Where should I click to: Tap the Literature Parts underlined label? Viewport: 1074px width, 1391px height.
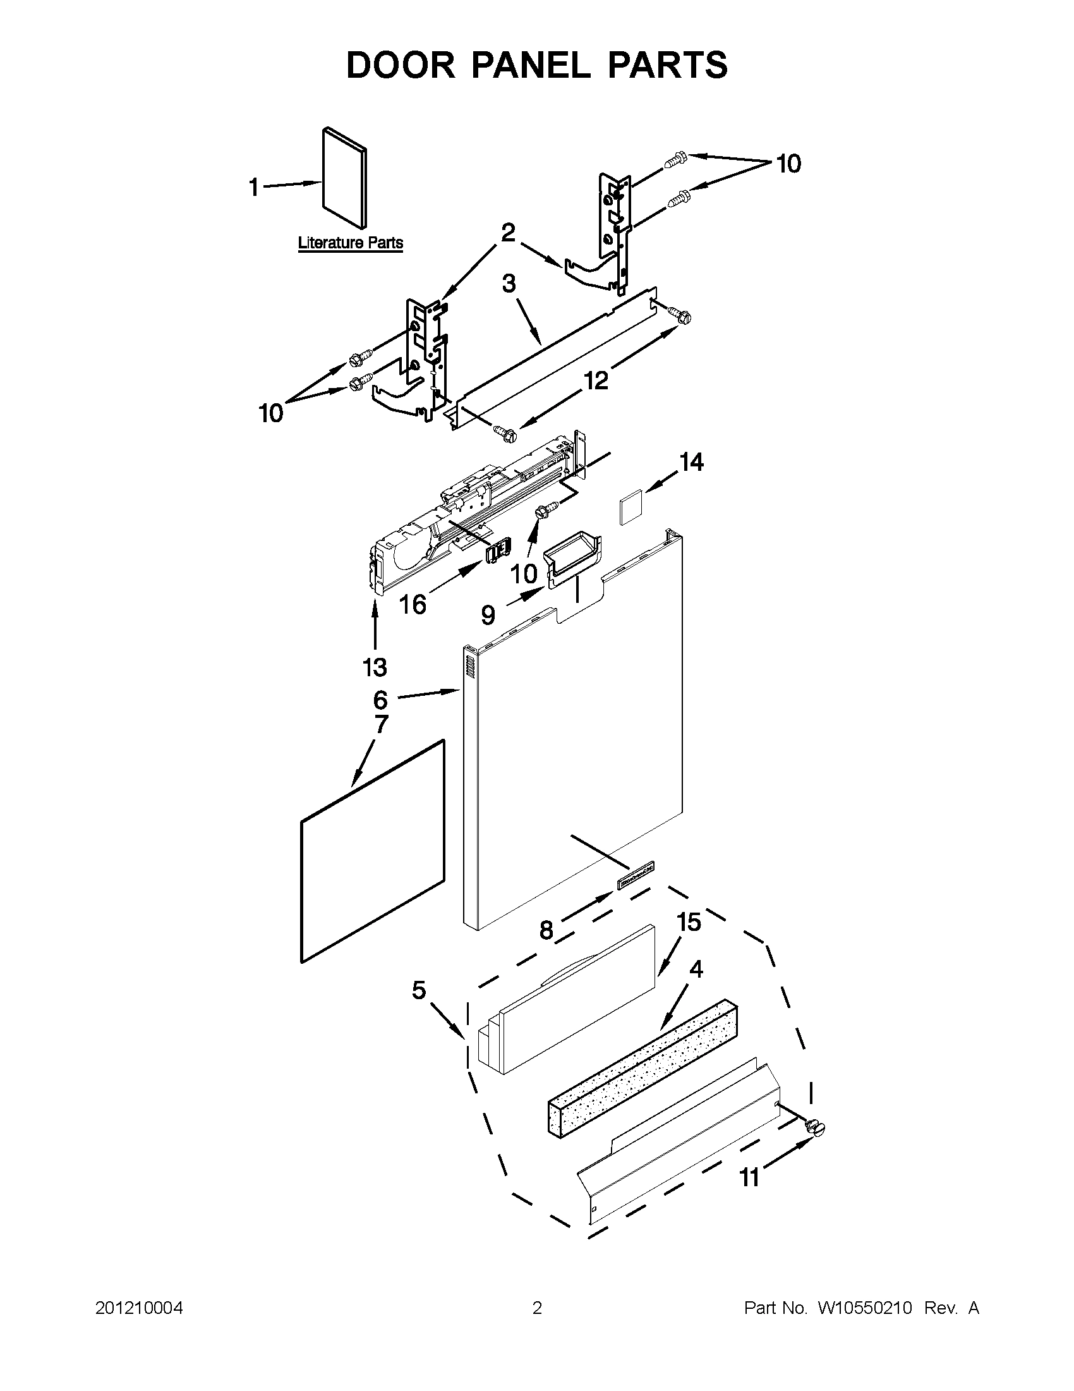[x=350, y=243]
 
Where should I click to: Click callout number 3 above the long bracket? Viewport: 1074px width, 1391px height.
[x=509, y=283]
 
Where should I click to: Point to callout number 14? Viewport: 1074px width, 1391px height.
[x=691, y=462]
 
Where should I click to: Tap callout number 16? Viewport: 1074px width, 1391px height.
[x=413, y=604]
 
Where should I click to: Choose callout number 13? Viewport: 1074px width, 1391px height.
[x=375, y=667]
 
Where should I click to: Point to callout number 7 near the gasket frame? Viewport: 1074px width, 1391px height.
[x=382, y=724]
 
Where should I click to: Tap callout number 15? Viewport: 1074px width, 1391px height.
[x=689, y=921]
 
